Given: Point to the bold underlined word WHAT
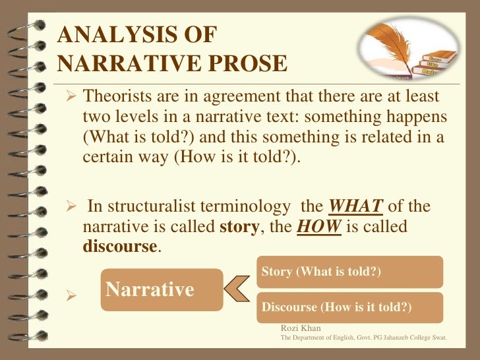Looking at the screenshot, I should pos(355,207).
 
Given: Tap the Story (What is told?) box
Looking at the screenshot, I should pos(349,272).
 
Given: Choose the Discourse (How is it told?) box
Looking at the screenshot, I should pos(349,307).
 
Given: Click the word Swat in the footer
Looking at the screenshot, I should pos(438,337).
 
